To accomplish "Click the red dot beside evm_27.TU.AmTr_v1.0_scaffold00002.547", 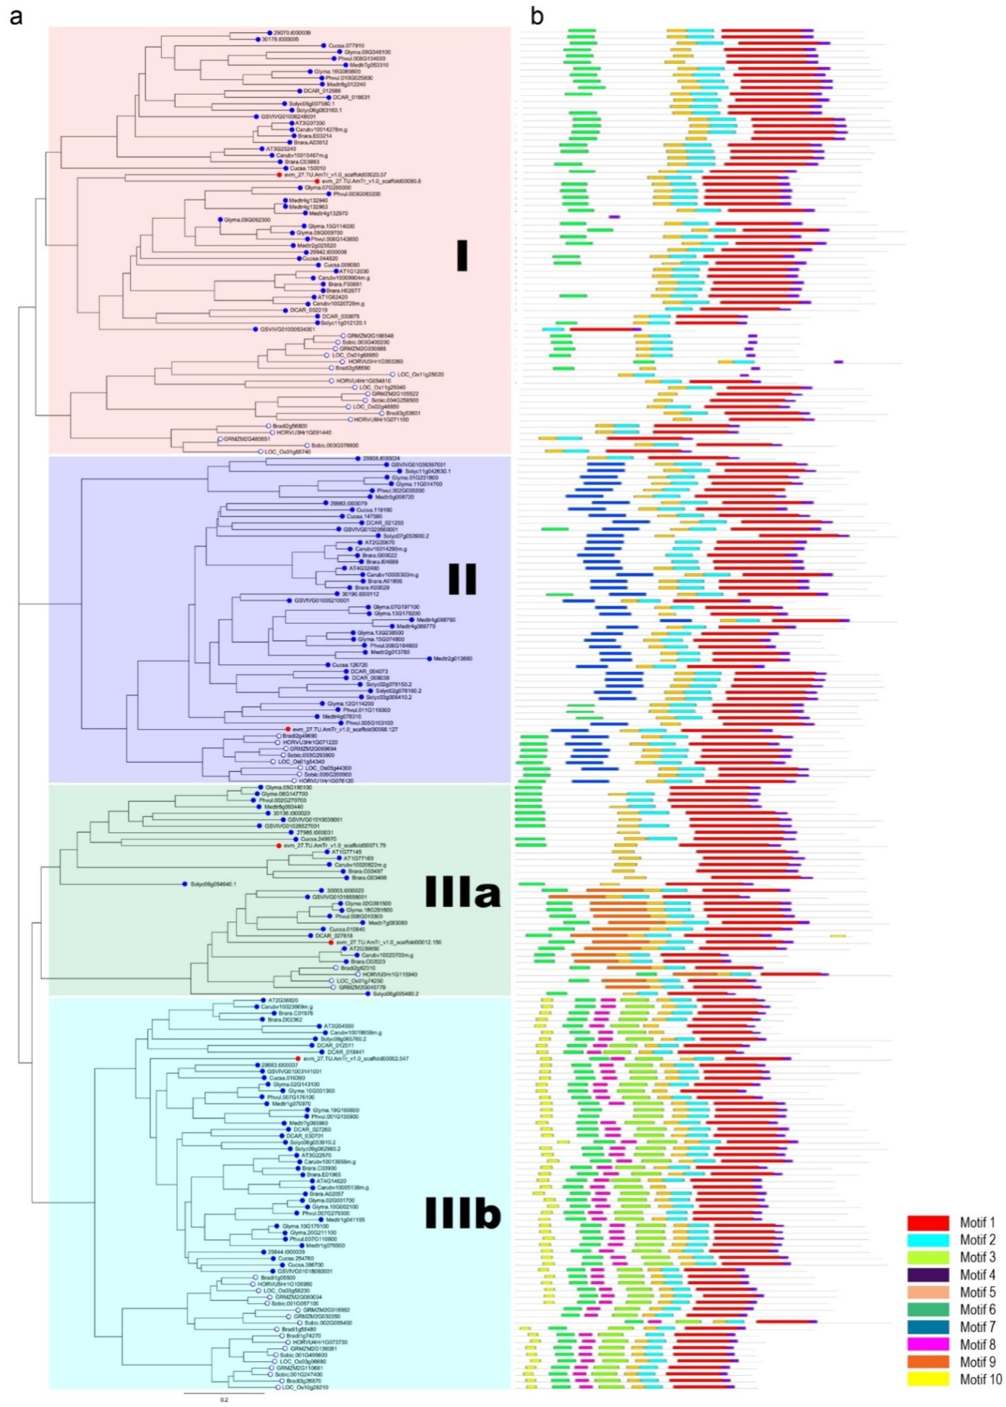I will (298, 1059).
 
